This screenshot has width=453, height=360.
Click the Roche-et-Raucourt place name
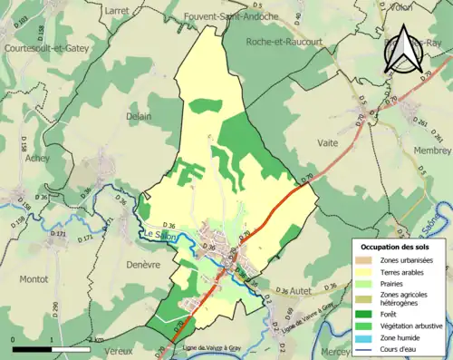(284, 41)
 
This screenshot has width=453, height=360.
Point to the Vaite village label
(329, 142)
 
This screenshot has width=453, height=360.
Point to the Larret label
(118, 9)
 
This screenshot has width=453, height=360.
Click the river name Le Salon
(158, 238)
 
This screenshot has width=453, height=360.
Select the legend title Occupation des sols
(396, 246)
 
